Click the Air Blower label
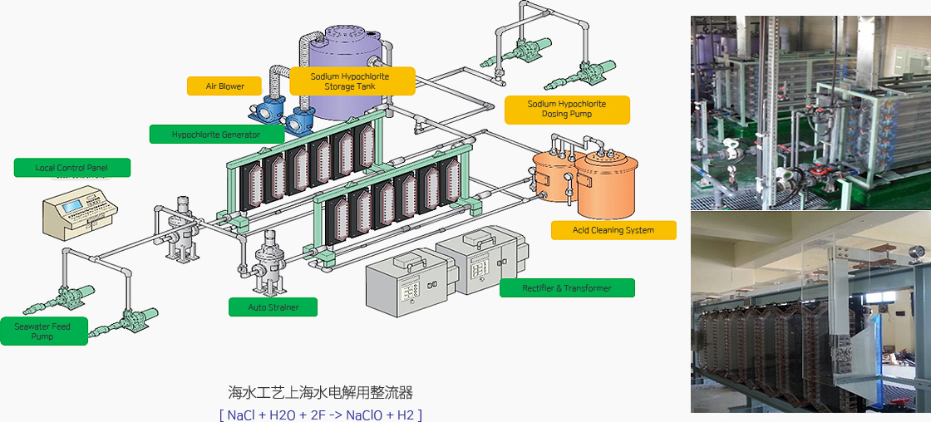225,86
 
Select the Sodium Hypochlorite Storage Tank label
351,81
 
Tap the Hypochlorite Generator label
216,134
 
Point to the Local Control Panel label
71,168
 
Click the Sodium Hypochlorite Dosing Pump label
567,110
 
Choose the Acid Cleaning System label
613,230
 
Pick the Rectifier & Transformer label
567,288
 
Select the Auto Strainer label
273,307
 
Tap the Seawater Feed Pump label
43,331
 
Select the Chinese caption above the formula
320,393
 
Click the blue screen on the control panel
71,205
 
